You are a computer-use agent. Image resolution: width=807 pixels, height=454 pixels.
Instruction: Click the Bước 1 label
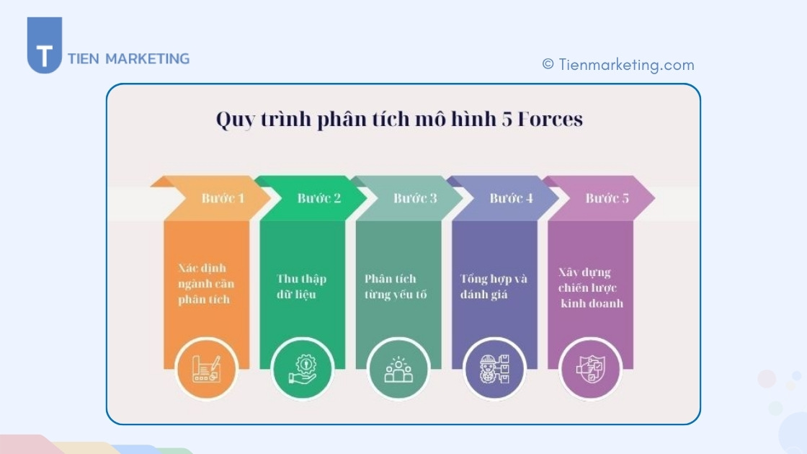click(223, 198)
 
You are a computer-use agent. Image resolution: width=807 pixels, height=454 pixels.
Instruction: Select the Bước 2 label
click(319, 198)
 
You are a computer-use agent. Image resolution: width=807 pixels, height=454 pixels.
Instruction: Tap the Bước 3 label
click(415, 198)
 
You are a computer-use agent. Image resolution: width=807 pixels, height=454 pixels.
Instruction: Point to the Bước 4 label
click(511, 198)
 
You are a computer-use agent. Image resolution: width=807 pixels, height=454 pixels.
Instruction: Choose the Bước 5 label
click(607, 198)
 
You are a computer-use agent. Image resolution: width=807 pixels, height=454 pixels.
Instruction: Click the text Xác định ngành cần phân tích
click(206, 284)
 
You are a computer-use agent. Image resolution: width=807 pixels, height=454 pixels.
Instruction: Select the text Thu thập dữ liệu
click(301, 287)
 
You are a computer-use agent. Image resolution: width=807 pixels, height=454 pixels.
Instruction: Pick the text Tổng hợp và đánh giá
click(494, 287)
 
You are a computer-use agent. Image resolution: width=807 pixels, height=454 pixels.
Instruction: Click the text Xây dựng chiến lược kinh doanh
click(591, 288)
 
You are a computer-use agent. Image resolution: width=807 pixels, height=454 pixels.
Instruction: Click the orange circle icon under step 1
click(206, 369)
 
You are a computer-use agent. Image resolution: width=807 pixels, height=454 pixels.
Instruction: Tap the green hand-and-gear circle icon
click(302, 369)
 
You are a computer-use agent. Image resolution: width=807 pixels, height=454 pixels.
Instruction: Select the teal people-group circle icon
click(398, 369)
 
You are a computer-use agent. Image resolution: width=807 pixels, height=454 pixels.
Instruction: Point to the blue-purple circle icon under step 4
click(494, 369)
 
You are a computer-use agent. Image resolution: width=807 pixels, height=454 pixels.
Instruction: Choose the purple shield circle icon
click(590, 369)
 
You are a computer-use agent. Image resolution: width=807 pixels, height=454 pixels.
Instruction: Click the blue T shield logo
click(45, 45)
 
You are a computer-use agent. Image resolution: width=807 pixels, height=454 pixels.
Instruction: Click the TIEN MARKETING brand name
click(128, 59)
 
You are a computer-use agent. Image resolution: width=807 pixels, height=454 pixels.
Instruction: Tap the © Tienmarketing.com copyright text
click(618, 65)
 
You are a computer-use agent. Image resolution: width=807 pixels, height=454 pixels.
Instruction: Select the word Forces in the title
click(549, 120)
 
